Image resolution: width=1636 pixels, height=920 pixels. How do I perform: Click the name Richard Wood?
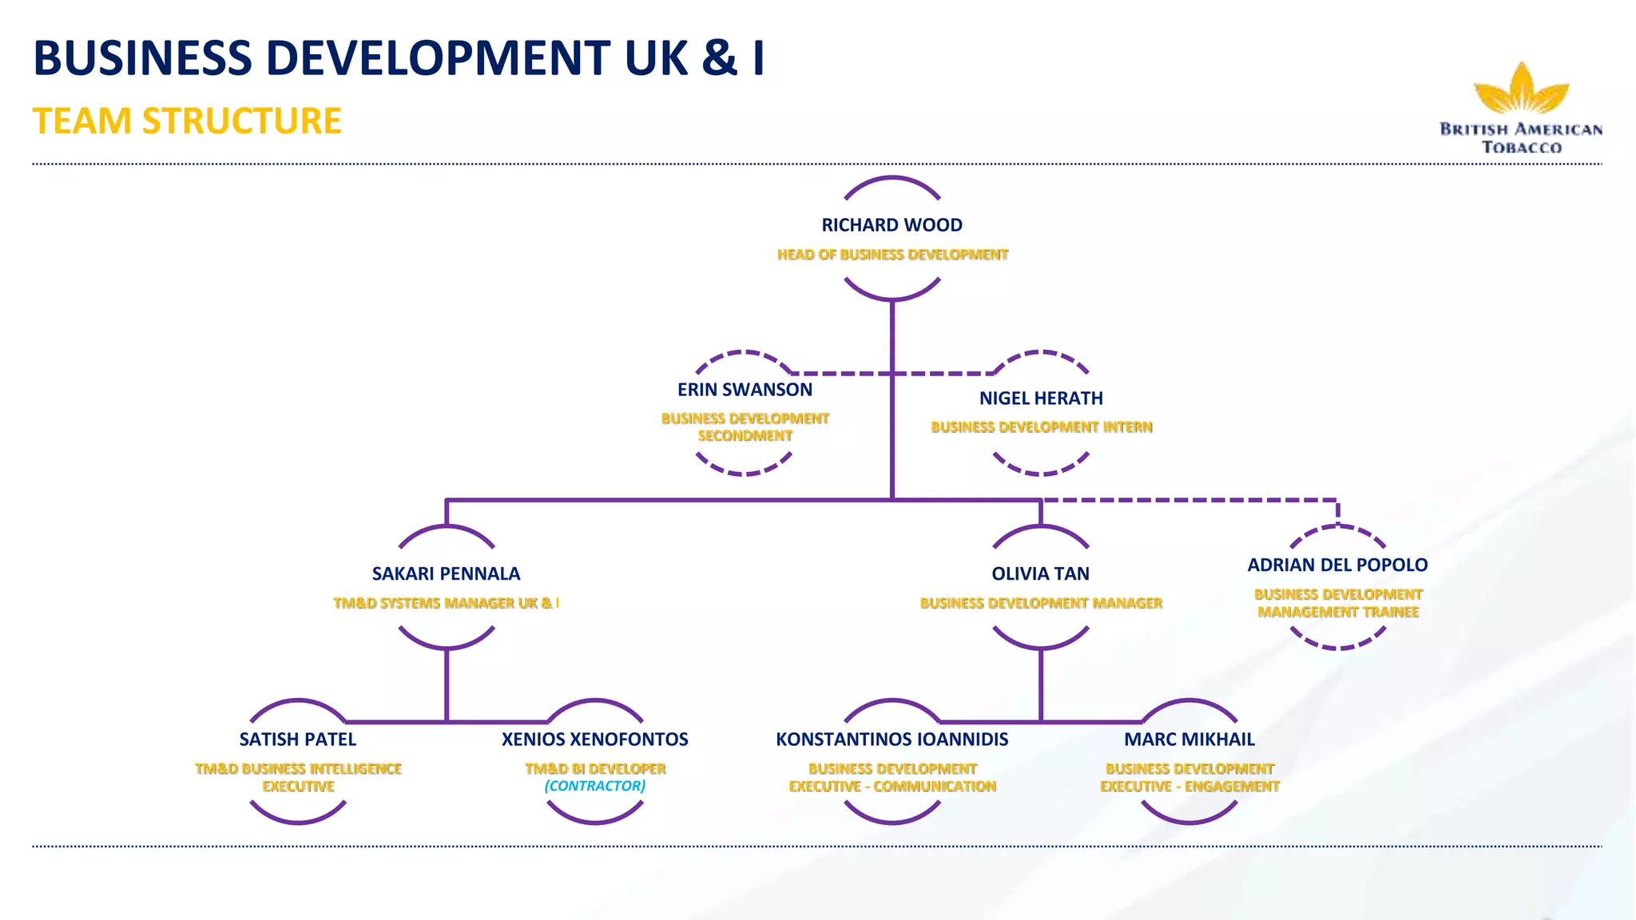(x=891, y=225)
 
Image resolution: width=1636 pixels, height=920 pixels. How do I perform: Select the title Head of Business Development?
(x=892, y=255)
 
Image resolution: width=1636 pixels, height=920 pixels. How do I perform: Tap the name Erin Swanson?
(x=745, y=390)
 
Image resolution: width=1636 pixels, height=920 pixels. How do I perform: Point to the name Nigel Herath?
(x=1041, y=399)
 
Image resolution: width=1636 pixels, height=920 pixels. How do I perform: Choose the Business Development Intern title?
(x=1041, y=427)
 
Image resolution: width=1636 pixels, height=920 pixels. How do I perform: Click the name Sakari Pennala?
(x=446, y=573)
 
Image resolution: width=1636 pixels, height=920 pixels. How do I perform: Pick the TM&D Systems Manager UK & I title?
(x=446, y=603)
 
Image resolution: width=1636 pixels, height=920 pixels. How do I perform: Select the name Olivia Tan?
(x=1040, y=573)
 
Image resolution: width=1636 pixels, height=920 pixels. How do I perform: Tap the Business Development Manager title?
(x=1041, y=603)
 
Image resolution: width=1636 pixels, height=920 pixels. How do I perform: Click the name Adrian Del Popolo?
(x=1337, y=565)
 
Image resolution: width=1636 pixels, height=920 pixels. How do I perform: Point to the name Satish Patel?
(x=297, y=740)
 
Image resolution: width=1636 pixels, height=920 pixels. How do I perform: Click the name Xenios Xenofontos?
(x=594, y=740)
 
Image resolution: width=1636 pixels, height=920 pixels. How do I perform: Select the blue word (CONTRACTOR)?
(x=594, y=786)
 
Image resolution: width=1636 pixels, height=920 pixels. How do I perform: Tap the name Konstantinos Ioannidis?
(x=891, y=740)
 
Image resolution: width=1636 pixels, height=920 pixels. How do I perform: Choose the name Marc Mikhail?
(x=1189, y=740)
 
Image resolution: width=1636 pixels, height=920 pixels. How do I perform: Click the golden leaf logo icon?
(x=1521, y=89)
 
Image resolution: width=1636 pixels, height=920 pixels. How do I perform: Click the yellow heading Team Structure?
(x=187, y=121)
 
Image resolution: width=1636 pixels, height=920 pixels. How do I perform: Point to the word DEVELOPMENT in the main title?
(x=438, y=58)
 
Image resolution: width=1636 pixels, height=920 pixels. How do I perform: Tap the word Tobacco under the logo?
(x=1521, y=147)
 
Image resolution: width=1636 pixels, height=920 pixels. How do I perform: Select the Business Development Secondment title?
(x=745, y=426)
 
